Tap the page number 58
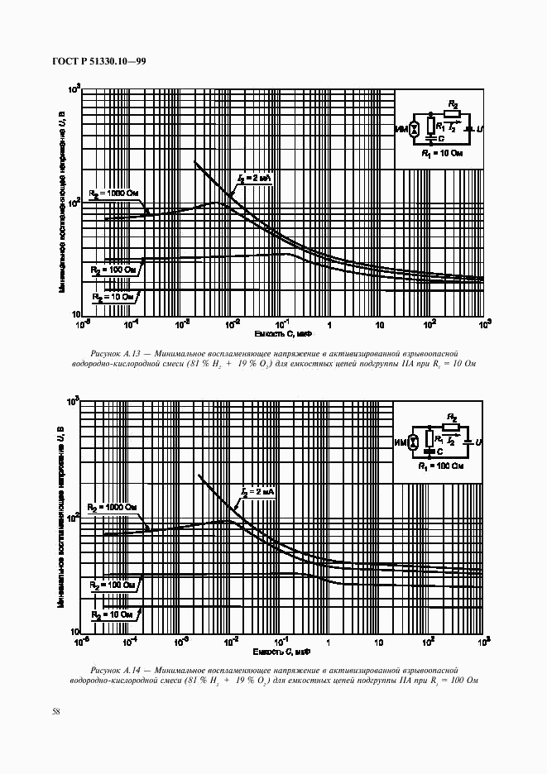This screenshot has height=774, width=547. [x=55, y=711]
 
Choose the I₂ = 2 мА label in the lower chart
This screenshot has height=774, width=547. [x=257, y=492]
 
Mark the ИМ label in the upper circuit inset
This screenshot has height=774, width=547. [x=402, y=130]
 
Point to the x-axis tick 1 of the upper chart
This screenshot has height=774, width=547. [x=329, y=324]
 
